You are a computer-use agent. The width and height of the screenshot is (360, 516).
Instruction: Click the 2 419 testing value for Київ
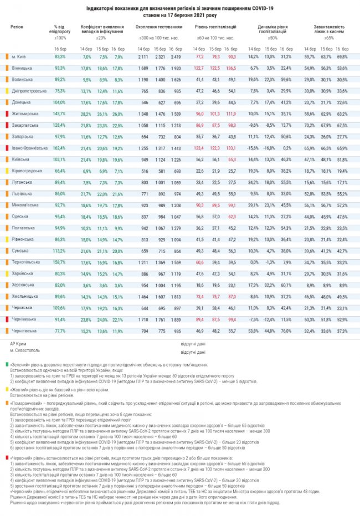[x=177, y=56]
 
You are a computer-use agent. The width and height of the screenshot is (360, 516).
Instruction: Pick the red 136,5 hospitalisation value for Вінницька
[x=232, y=68]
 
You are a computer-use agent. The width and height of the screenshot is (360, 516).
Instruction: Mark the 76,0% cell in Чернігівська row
[x=286, y=330]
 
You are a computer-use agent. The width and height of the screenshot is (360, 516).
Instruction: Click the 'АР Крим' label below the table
[x=18, y=344]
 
